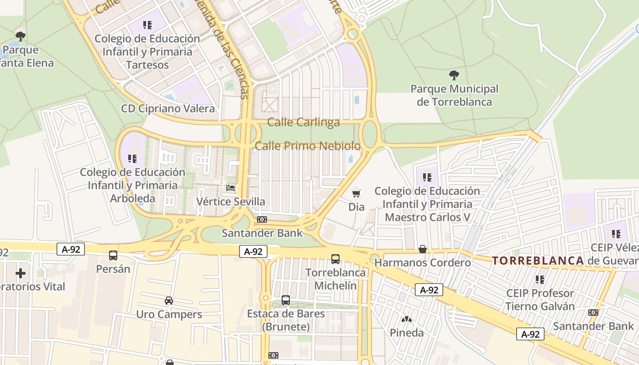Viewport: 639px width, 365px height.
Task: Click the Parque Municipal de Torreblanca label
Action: point(454,95)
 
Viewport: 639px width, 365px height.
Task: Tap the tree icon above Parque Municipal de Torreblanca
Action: point(454,75)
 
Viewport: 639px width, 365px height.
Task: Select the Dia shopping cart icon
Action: point(356,193)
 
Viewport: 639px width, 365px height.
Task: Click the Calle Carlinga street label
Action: point(304,122)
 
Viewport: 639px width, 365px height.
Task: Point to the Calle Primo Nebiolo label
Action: point(308,146)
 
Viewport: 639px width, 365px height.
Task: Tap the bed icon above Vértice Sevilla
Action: point(231,188)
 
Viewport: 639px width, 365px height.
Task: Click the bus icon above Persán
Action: point(113,255)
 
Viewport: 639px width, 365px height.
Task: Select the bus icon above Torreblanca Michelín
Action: point(335,259)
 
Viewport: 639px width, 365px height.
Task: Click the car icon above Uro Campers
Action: point(169,301)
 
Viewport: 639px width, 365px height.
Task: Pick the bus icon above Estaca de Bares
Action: point(286,300)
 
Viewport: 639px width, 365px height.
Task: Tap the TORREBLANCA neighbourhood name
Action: point(538,261)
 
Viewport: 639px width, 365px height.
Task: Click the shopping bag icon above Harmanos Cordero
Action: point(423,249)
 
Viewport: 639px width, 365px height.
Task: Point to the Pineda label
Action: point(406,333)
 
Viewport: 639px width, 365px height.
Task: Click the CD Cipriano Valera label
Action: point(168,109)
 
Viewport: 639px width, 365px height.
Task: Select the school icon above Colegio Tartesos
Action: point(147,25)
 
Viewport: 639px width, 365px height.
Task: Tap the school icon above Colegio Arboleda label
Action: point(132,159)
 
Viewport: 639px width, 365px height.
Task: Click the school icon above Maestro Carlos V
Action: point(427,177)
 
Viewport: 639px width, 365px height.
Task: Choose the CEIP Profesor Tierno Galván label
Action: point(539,299)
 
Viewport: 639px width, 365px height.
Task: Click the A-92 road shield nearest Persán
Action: point(71,249)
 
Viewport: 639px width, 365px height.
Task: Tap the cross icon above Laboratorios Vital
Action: point(21,273)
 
